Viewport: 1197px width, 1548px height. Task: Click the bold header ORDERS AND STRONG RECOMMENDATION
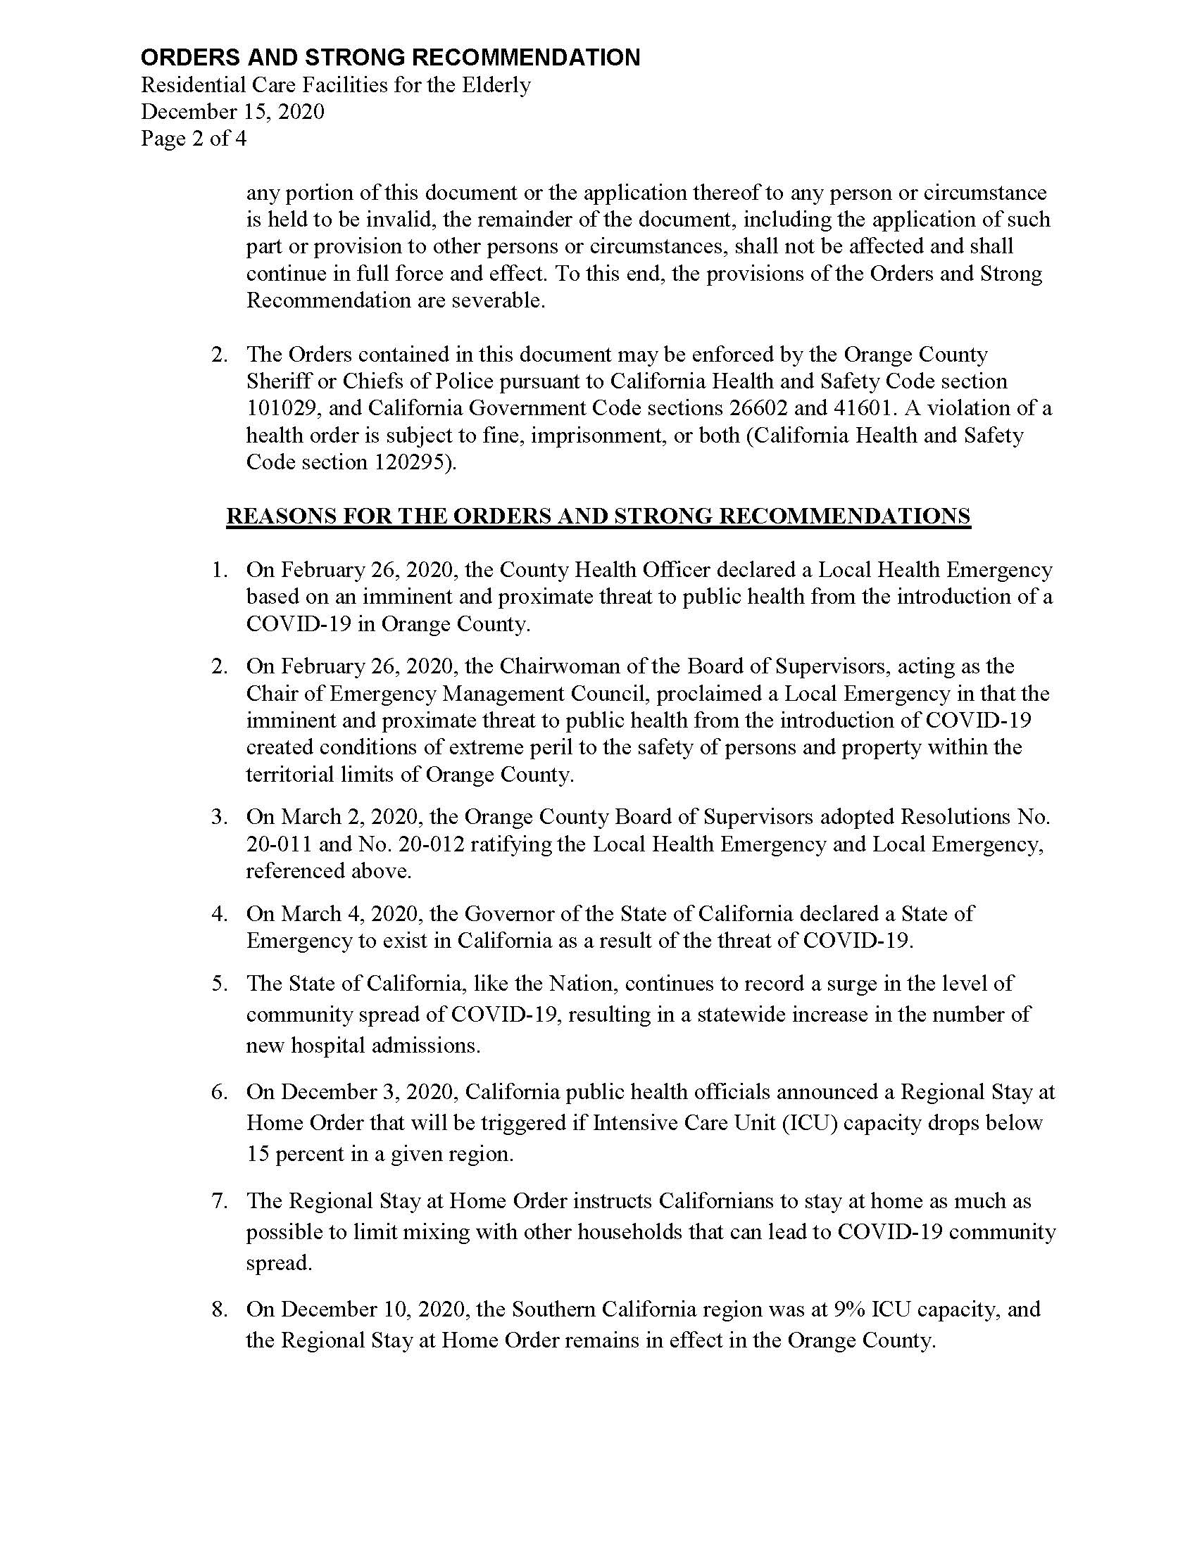[390, 58]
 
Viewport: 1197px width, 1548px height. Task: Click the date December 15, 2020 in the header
[232, 111]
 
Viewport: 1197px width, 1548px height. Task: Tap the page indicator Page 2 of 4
[194, 137]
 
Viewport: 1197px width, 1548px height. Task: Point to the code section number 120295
[408, 462]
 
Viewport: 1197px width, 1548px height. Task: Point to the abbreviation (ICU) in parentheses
[811, 1123]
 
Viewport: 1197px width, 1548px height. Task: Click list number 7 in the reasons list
[218, 1200]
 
